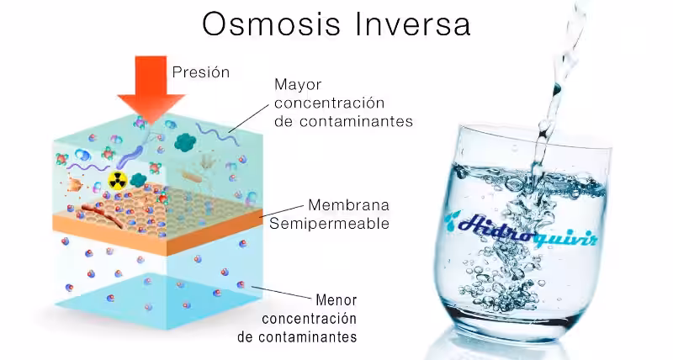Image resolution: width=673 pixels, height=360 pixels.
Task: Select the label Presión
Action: pyautogui.click(x=200, y=72)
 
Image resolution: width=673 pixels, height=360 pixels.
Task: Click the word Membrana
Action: pyautogui.click(x=341, y=205)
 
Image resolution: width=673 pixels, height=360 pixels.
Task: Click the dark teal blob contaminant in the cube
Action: pyautogui.click(x=184, y=142)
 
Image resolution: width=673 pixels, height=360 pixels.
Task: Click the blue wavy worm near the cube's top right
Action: pyautogui.click(x=211, y=132)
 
